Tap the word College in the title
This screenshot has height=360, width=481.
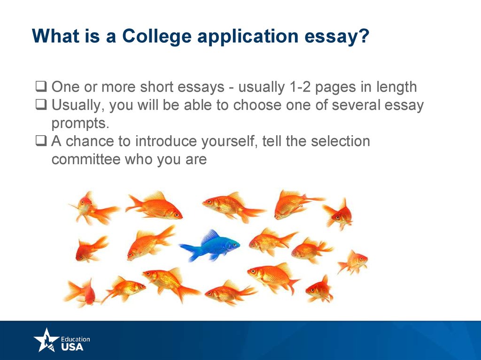[x=157, y=37]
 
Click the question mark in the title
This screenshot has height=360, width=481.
[x=364, y=36]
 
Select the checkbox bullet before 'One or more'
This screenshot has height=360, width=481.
[x=41, y=86]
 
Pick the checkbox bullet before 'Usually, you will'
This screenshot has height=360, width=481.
[x=41, y=105]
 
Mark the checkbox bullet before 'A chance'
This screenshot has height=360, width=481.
[x=41, y=141]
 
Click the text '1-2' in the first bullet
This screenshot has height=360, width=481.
[x=300, y=87]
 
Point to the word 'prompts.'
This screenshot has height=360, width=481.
[x=80, y=124]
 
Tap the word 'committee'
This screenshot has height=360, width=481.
[x=86, y=159]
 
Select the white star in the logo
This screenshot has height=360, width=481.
[x=46, y=340]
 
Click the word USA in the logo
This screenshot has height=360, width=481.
[x=72, y=347]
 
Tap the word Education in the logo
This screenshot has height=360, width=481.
[x=76, y=339]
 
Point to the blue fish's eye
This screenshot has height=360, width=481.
[x=234, y=245]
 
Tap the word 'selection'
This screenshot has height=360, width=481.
[x=341, y=141]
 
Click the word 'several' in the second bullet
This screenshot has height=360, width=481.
[x=356, y=105]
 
